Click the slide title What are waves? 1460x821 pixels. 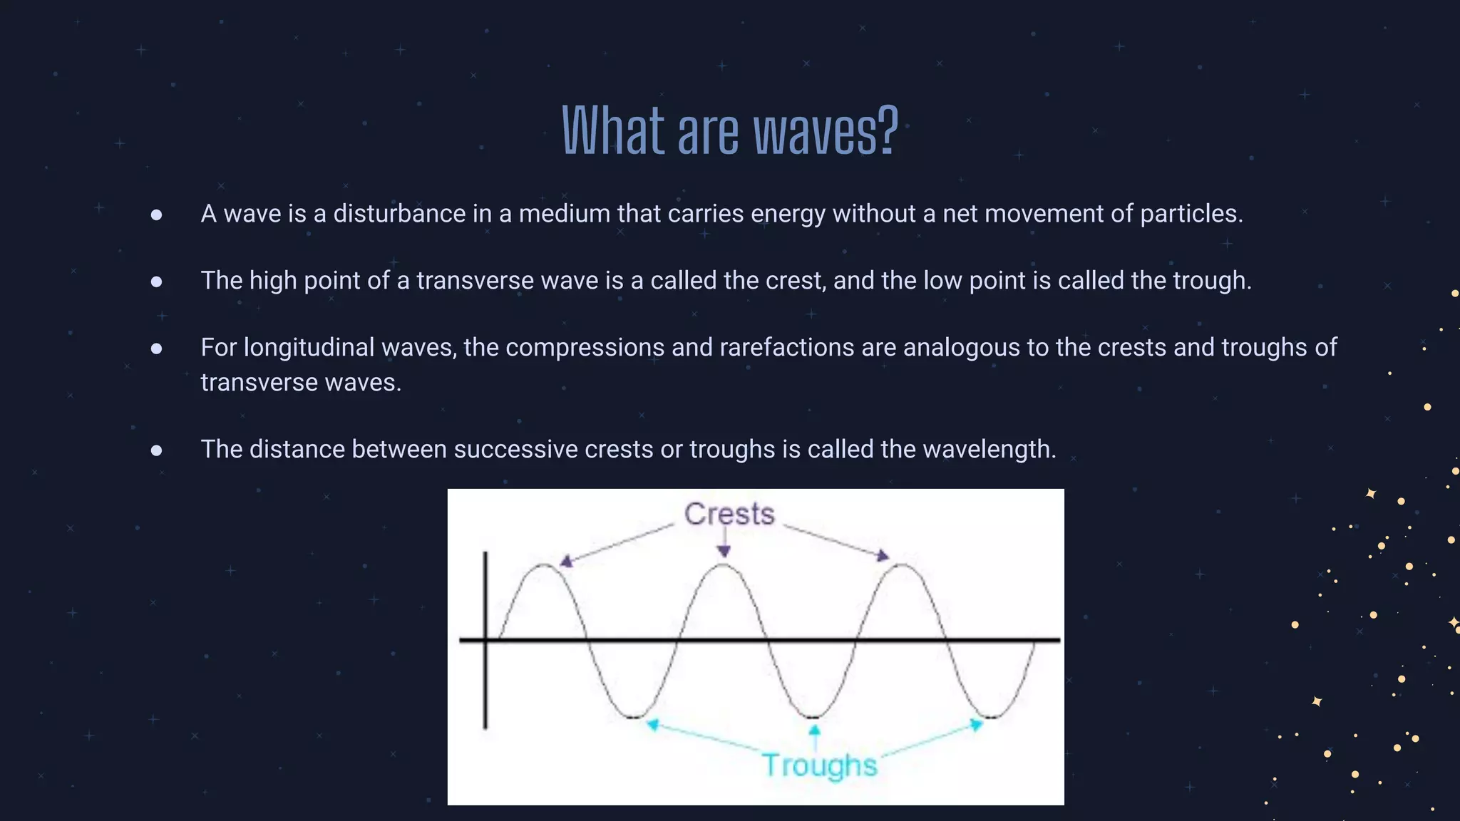(729, 131)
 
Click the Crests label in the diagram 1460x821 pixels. (729, 514)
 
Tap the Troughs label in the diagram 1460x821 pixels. (819, 765)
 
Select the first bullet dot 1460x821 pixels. (157, 215)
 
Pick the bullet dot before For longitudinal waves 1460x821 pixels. (157, 348)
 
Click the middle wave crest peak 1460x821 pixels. (724, 565)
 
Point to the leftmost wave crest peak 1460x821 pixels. (544, 565)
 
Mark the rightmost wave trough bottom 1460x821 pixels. (992, 716)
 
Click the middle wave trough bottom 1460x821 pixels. (813, 716)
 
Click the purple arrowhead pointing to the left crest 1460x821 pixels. (566, 562)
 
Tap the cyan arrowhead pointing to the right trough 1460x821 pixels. (977, 725)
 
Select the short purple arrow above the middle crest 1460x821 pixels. (724, 542)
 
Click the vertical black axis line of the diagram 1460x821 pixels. (485, 677)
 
